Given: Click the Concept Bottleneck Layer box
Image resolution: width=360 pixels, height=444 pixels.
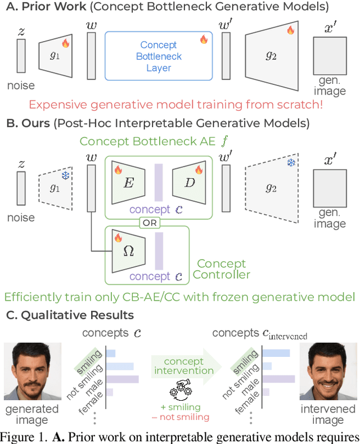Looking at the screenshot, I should coord(158,57).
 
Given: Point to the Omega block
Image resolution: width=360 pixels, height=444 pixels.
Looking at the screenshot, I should coord(128,252).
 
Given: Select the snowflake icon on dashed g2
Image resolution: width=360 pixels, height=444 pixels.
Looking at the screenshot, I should coord(290,163).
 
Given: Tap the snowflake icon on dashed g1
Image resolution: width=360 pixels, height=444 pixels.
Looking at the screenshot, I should coord(65,175).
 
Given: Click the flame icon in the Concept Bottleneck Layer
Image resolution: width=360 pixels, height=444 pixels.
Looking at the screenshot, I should coord(204,39).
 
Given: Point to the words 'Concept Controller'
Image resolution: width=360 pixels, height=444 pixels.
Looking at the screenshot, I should coord(221,269).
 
